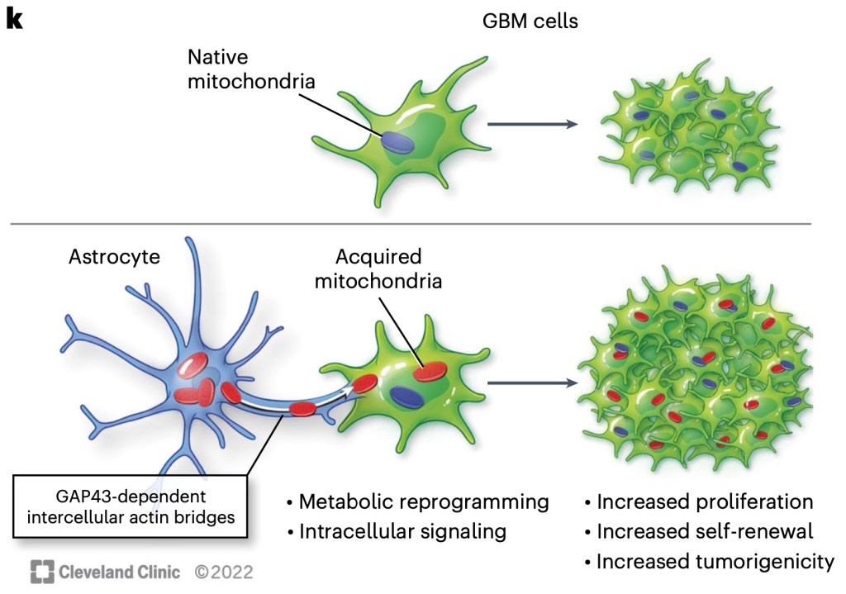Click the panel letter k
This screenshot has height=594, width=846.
[14, 20]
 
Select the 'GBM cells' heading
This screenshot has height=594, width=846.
[530, 21]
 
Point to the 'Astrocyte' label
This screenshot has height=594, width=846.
[115, 256]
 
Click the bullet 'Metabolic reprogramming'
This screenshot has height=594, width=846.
[417, 501]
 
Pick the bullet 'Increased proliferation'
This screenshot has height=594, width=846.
[699, 501]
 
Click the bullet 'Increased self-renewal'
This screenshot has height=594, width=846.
[699, 531]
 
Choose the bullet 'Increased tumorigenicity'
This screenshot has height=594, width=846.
[709, 562]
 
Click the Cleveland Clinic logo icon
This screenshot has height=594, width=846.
[42, 571]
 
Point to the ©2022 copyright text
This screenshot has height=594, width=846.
[223, 571]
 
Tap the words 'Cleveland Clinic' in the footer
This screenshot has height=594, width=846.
[121, 571]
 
